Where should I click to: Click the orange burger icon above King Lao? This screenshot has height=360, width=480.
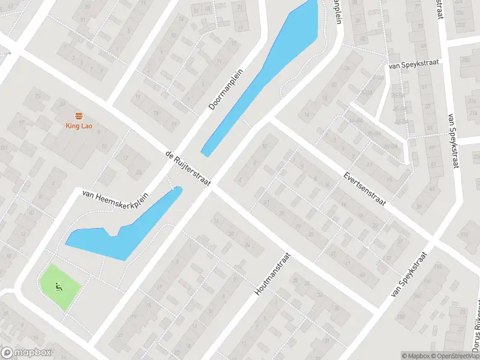pos(78,115)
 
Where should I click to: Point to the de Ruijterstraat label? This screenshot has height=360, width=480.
pos(188,169)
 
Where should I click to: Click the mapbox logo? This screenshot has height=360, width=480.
pos(26,353)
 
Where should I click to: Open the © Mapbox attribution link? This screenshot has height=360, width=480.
pos(416,356)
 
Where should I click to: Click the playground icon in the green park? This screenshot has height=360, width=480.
pos(58,286)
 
